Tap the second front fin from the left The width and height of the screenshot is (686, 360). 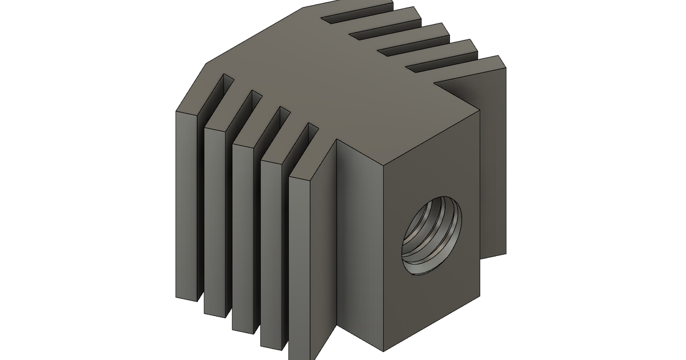pos(216,220)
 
